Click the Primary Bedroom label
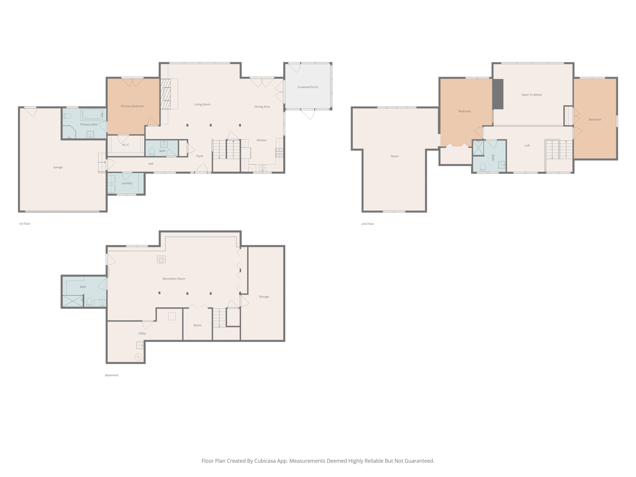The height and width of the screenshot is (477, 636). pyautogui.click(x=132, y=106)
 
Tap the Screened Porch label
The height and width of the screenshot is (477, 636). pyautogui.click(x=308, y=87)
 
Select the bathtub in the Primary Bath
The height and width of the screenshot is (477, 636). pyautogui.click(x=93, y=114)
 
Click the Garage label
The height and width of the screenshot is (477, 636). pyautogui.click(x=58, y=167)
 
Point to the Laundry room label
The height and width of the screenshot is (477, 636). pyautogui.click(x=127, y=183)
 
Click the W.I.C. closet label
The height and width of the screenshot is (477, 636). pyautogui.click(x=126, y=145)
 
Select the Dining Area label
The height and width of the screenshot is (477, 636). pyautogui.click(x=262, y=107)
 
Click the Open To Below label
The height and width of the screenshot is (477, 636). pyautogui.click(x=531, y=95)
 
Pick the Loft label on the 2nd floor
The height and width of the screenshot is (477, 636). pyautogui.click(x=527, y=146)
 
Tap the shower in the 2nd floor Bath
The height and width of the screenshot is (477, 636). pyautogui.click(x=478, y=147)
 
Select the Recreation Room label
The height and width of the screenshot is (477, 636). pyautogui.click(x=174, y=279)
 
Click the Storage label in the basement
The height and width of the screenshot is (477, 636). pyautogui.click(x=264, y=297)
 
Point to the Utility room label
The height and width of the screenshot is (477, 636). pyautogui.click(x=142, y=334)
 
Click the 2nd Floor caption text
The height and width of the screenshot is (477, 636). pyautogui.click(x=368, y=224)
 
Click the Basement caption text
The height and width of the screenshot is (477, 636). pyautogui.click(x=112, y=375)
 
